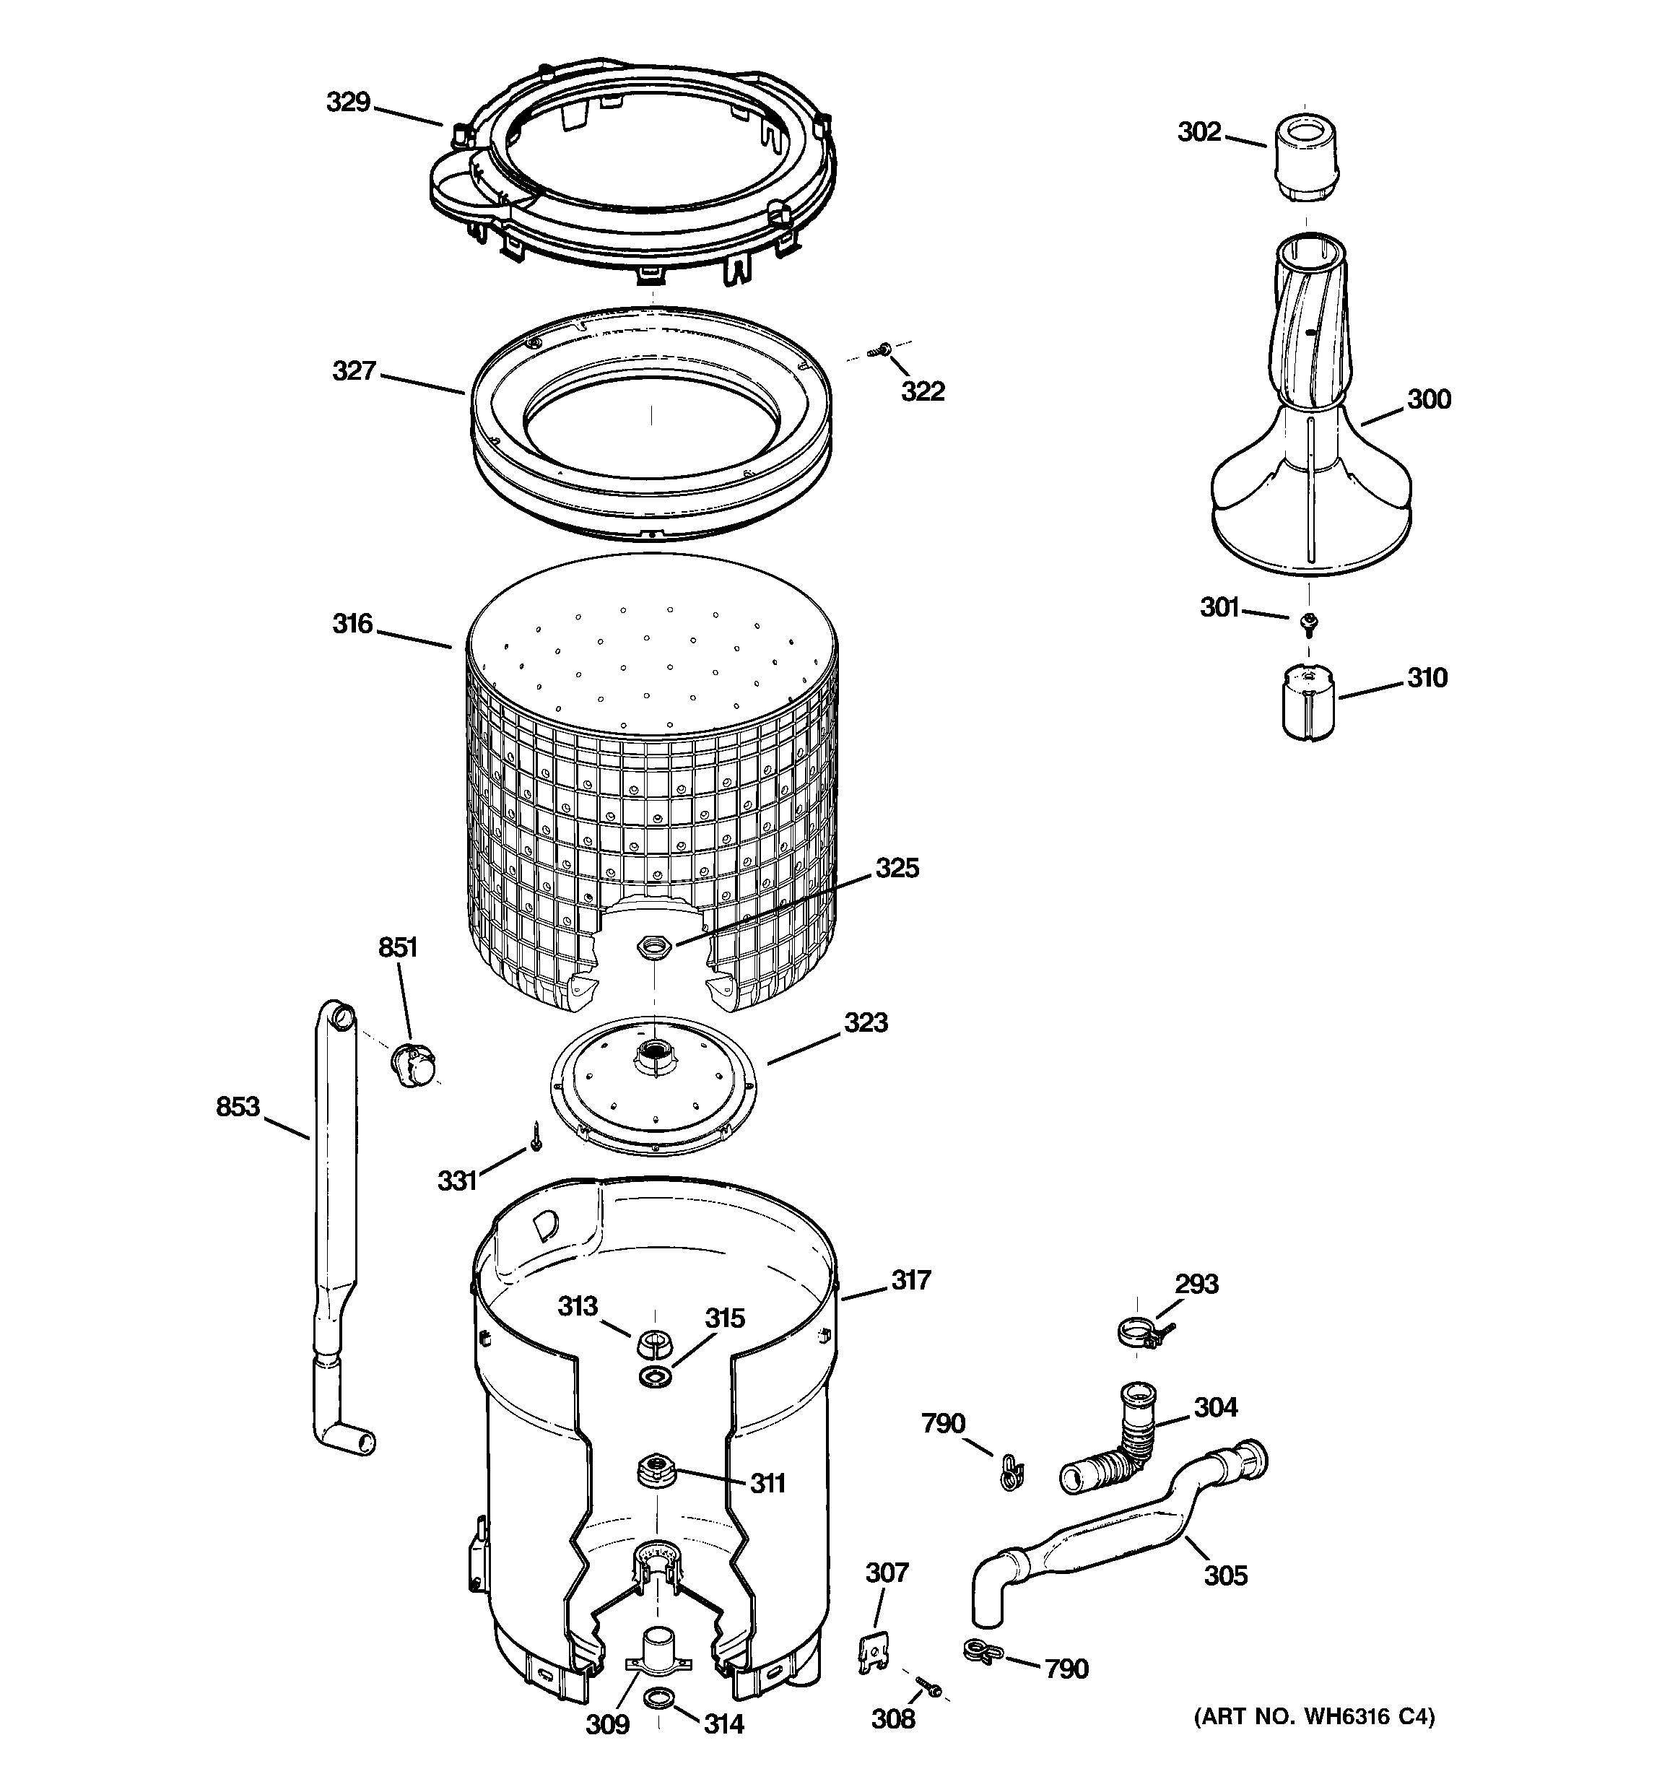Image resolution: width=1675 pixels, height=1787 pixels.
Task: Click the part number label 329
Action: tap(348, 103)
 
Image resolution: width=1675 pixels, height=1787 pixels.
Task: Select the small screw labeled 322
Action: tap(884, 349)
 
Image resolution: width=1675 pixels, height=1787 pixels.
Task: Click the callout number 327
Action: tap(353, 370)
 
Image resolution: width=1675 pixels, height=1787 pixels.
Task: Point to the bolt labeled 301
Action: tap(1309, 620)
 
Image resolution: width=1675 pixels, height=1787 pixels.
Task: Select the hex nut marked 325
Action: tap(649, 946)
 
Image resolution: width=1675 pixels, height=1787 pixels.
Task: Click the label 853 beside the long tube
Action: tap(238, 1107)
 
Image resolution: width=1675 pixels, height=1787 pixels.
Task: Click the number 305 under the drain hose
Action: tap(1225, 1575)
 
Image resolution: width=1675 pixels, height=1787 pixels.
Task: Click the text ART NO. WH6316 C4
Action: tap(1313, 1717)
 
